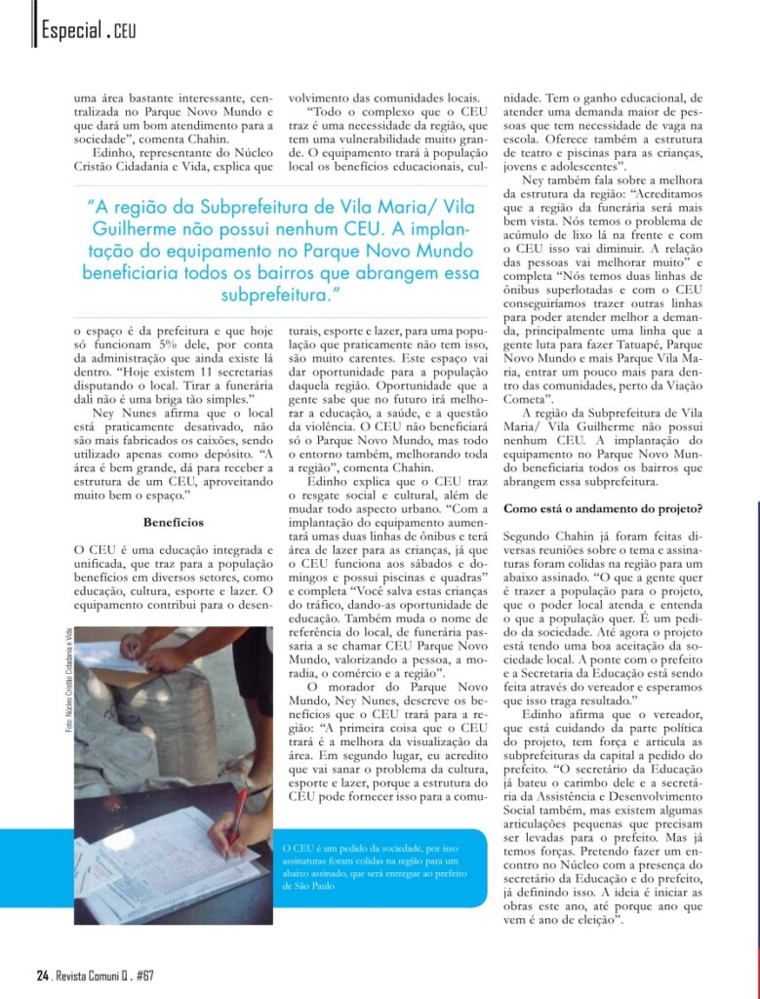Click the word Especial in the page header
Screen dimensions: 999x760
(69, 31)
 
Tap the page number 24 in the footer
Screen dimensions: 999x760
(42, 976)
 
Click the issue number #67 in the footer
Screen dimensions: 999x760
(145, 976)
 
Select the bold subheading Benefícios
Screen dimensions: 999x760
(173, 522)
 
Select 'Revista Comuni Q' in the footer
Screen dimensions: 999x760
(91, 976)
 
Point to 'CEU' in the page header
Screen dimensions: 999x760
(125, 33)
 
